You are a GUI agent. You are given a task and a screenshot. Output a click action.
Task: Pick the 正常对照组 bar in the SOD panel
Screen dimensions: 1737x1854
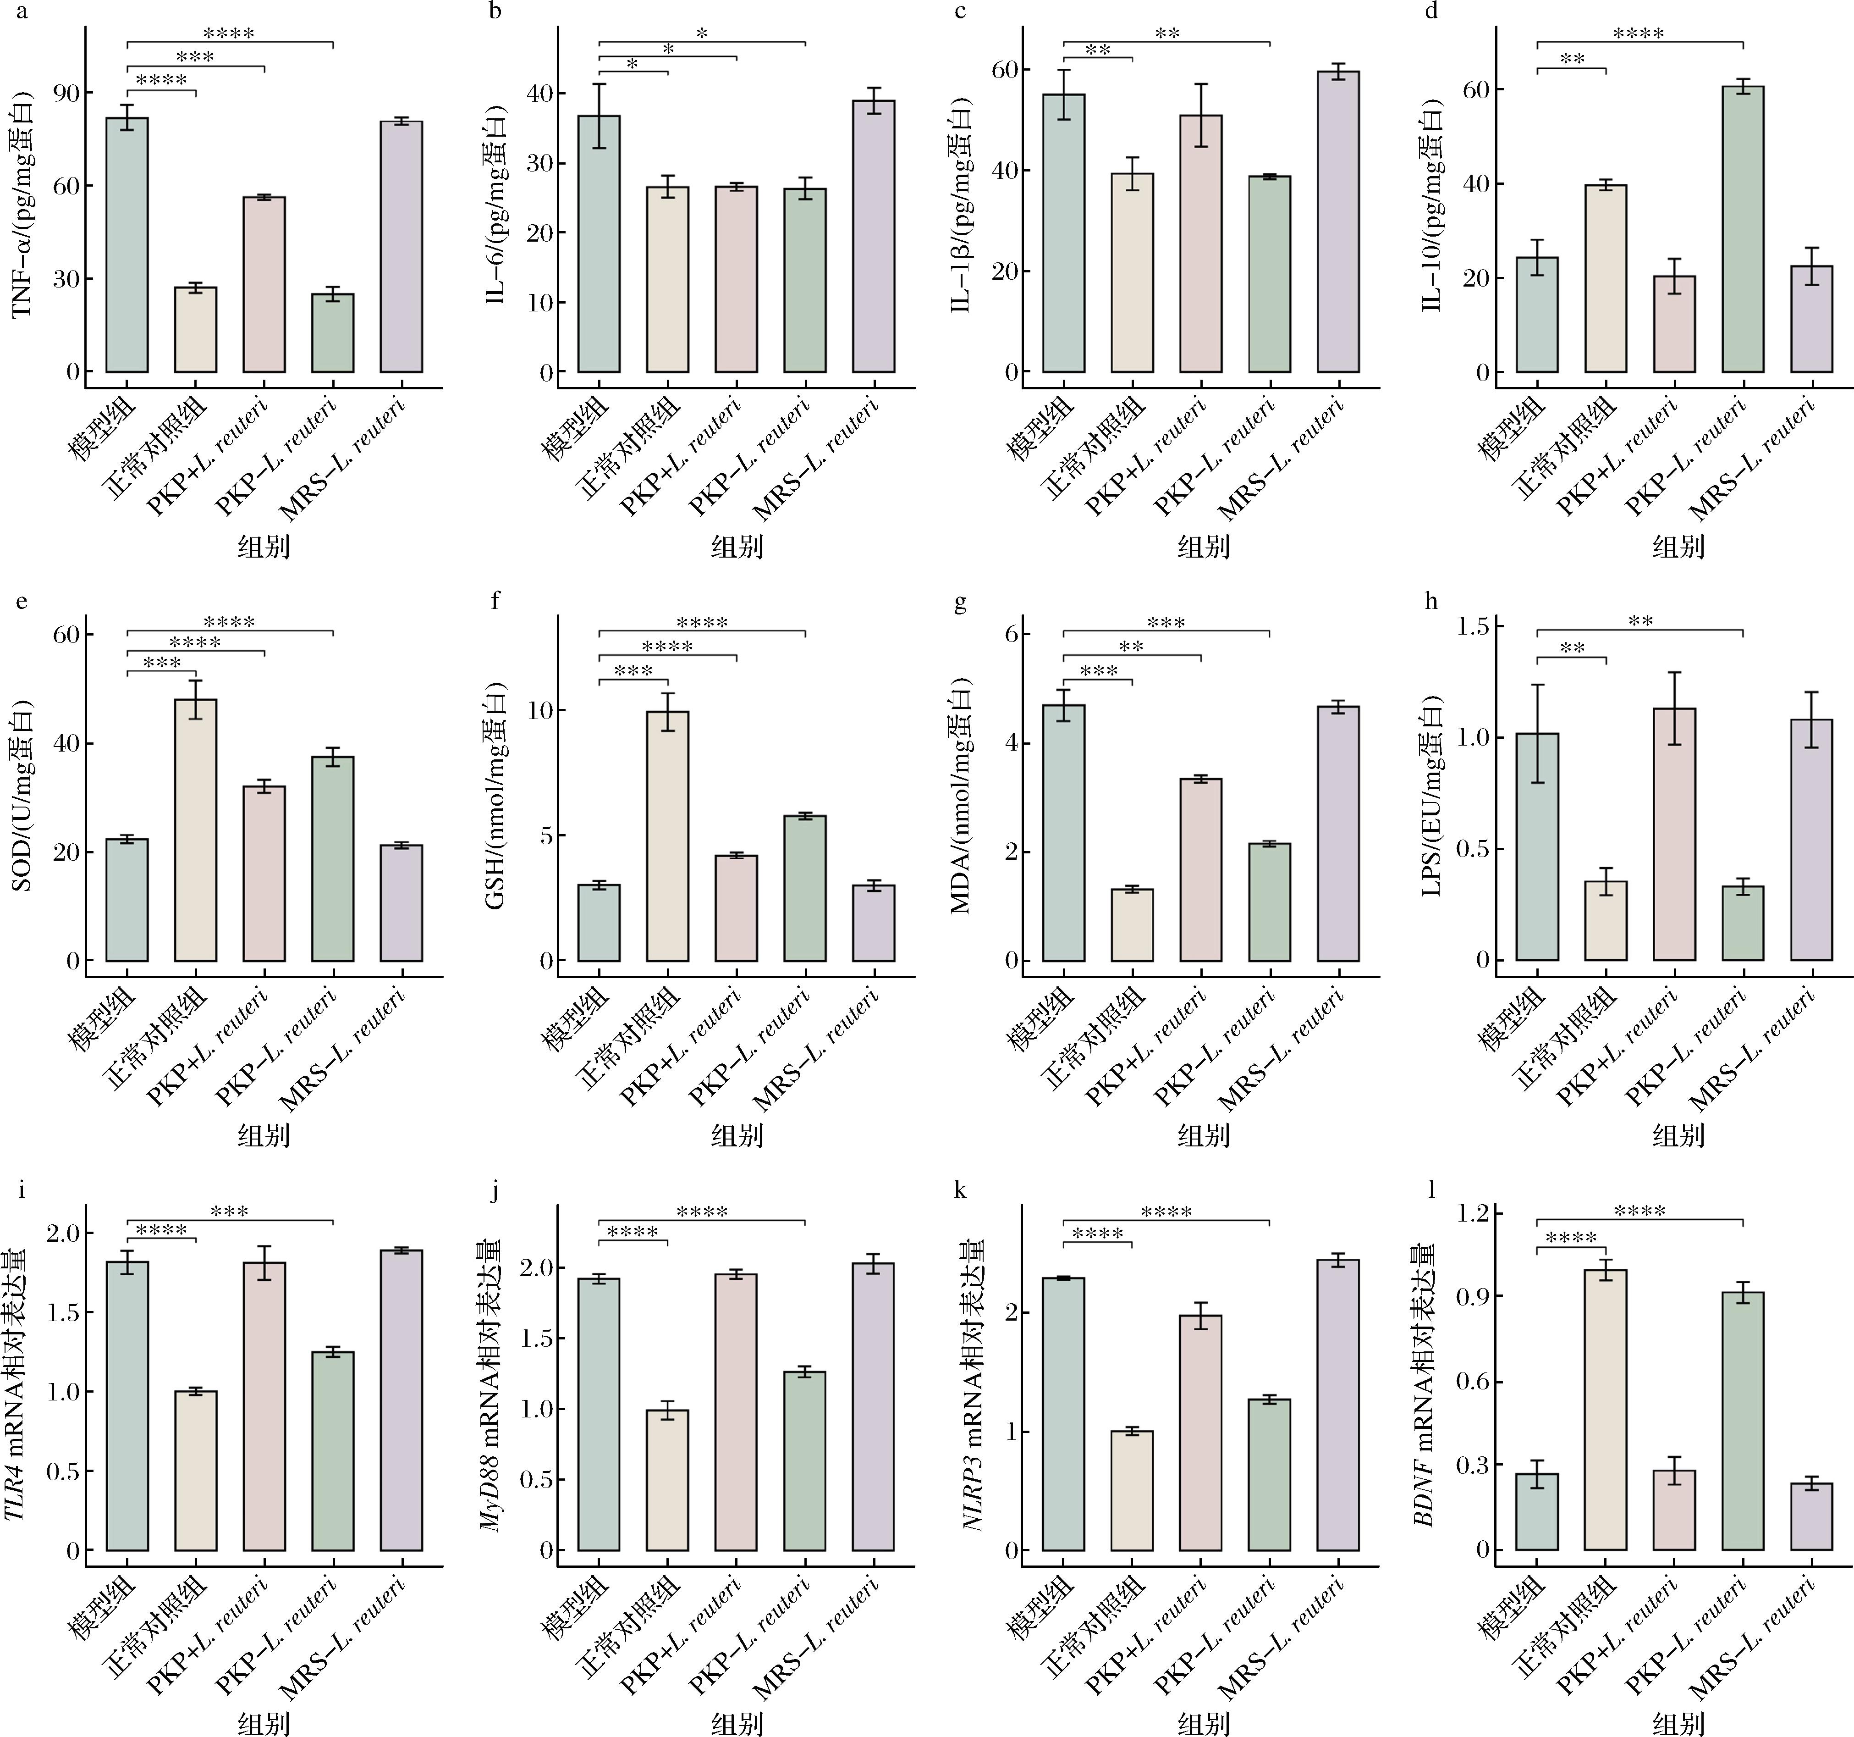click(x=196, y=830)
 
